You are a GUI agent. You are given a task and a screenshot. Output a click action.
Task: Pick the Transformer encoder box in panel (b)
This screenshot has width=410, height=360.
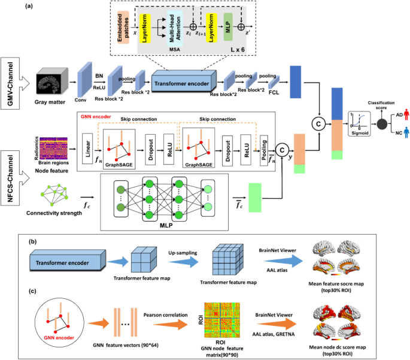coord(63,264)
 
